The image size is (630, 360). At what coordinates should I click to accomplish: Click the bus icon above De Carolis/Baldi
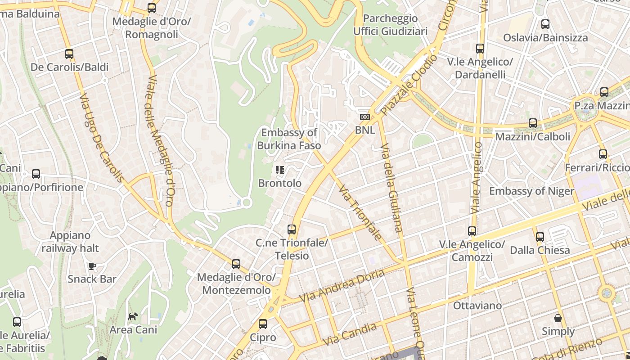tap(69, 54)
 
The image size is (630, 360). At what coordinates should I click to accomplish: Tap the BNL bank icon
tap(364, 117)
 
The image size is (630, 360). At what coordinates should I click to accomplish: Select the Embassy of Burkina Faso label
tap(289, 139)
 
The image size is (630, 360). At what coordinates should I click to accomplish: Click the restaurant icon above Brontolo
tap(279, 170)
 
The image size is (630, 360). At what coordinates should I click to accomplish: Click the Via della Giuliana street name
tap(391, 188)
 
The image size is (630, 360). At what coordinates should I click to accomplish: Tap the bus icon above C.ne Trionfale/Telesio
tap(292, 229)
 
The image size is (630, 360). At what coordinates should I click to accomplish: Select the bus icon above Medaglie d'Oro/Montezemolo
tap(236, 264)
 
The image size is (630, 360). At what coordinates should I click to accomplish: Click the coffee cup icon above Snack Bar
tap(92, 266)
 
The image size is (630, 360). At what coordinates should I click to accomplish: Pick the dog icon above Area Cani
tap(133, 317)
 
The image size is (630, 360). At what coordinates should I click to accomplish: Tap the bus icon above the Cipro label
tap(263, 324)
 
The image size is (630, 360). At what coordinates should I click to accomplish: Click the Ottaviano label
tap(477, 306)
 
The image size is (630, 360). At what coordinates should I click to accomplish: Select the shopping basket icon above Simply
tap(558, 318)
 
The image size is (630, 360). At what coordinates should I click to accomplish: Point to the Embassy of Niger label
tap(531, 191)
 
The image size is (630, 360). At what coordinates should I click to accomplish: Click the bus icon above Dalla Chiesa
tap(540, 237)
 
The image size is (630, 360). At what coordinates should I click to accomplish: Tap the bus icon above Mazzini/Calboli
tap(533, 123)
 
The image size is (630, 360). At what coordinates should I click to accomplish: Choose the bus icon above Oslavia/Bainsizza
tap(545, 24)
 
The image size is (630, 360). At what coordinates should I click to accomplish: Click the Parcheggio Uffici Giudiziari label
tap(390, 25)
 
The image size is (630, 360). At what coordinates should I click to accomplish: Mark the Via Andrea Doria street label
tap(342, 286)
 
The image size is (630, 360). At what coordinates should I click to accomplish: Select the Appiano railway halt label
tap(70, 242)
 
